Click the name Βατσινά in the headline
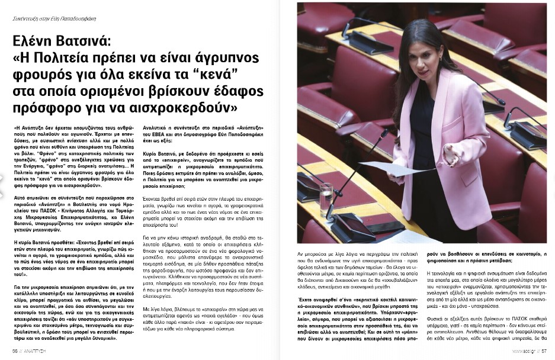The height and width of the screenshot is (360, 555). click(102, 43)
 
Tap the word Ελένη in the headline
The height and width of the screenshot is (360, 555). click(39, 43)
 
